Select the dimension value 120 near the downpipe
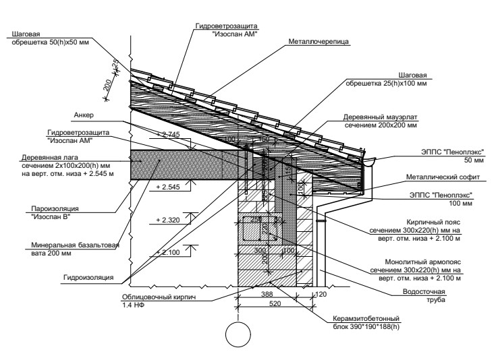321,294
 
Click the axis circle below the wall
238,334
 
